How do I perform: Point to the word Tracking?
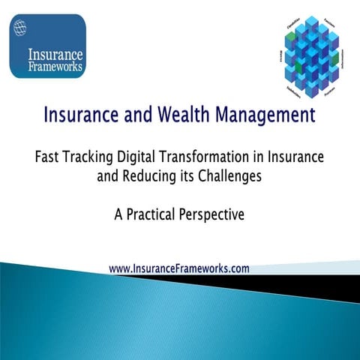[91, 160]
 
